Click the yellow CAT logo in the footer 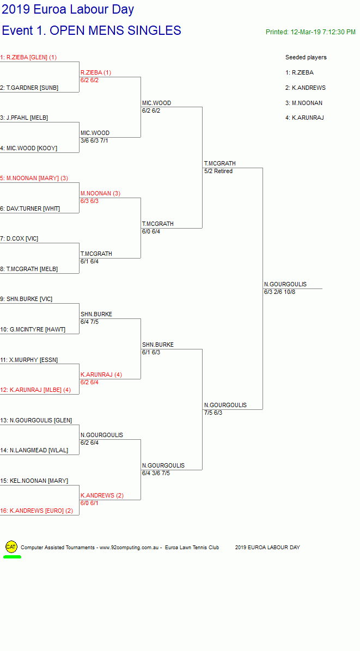coord(11,547)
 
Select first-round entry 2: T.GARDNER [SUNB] coord(29,88)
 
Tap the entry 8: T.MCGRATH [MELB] coord(29,269)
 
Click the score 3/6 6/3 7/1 coord(94,141)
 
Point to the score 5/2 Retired coord(218,171)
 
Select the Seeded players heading coord(306,57)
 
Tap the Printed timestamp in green coord(310,32)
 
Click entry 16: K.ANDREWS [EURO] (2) coord(36,511)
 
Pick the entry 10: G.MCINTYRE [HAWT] coord(33,330)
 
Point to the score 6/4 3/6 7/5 coord(156,474)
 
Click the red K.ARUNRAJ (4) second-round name coord(101,374)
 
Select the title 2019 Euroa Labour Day coord(68,9)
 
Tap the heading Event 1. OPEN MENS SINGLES coord(91,30)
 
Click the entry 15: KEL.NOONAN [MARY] coord(34,481)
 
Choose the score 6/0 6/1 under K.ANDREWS coord(89,503)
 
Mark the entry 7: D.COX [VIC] coord(19,239)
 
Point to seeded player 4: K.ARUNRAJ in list coord(304,118)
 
